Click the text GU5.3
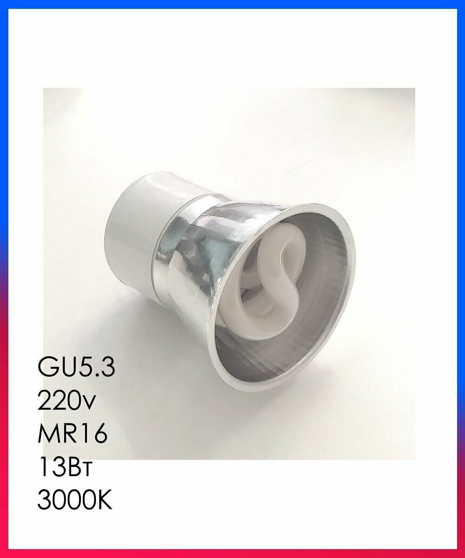coord(75,369)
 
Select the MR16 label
coord(72,434)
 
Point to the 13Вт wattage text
coord(65,466)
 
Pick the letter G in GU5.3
coord(48,369)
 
